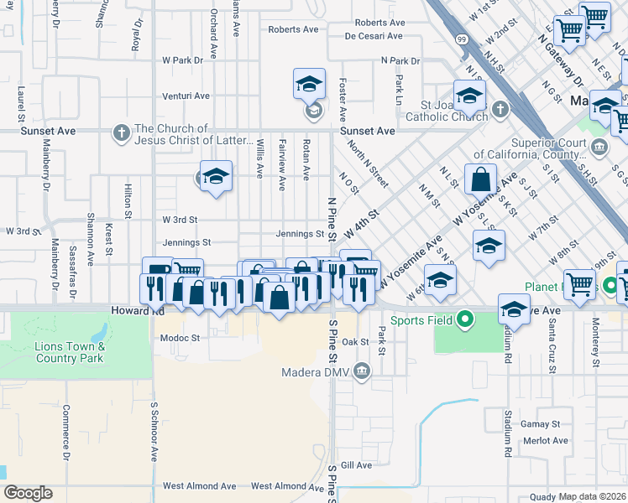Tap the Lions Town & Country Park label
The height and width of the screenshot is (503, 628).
click(70, 352)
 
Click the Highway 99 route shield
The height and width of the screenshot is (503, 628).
click(462, 39)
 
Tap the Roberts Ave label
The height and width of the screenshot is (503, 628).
click(293, 29)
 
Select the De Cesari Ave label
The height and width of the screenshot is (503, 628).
click(374, 36)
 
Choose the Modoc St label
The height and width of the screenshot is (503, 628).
click(181, 338)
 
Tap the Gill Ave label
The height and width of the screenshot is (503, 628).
click(356, 465)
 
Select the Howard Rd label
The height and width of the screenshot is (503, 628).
click(136, 310)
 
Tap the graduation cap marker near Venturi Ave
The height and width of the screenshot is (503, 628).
click(309, 84)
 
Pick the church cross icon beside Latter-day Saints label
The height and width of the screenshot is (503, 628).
click(122, 132)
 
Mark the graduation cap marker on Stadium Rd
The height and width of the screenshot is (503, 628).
click(514, 309)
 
